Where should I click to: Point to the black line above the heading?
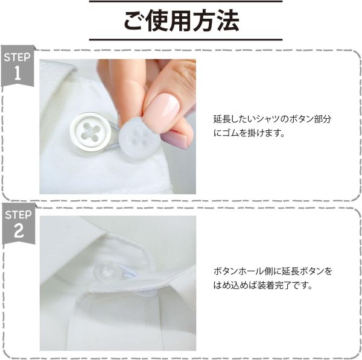181,2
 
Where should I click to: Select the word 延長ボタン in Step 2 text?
303,271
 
